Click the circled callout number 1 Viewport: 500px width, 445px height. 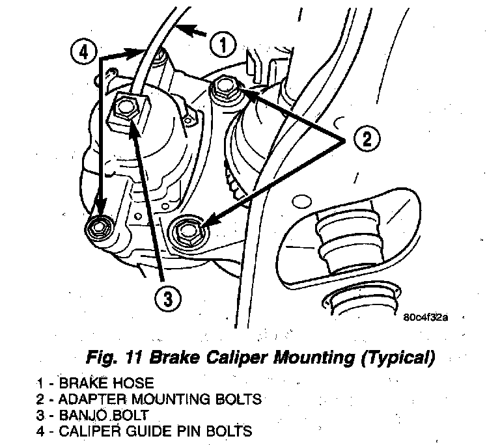point(223,44)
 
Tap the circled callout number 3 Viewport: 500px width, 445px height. point(167,299)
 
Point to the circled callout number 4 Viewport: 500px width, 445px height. point(83,51)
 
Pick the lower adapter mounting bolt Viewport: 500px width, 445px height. point(187,230)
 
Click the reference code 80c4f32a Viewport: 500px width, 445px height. point(425,318)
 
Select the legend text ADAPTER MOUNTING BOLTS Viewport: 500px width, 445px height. point(162,398)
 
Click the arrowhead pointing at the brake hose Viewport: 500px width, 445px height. point(184,28)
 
